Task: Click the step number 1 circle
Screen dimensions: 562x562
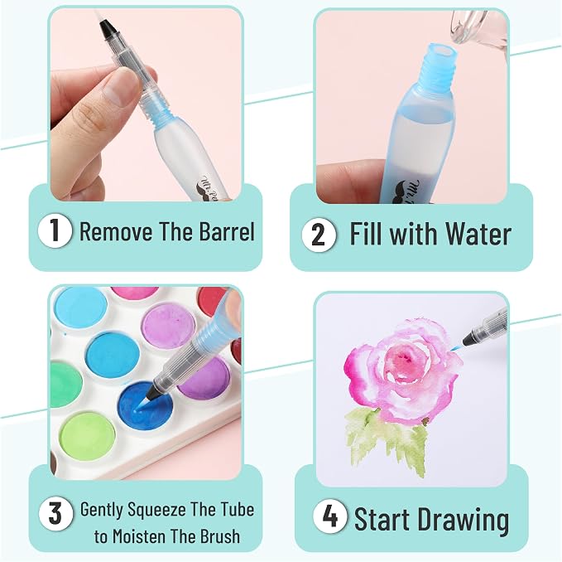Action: (x=55, y=230)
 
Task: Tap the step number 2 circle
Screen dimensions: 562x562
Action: (x=319, y=235)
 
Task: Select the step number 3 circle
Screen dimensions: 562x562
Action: (x=55, y=513)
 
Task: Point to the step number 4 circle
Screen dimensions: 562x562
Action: (x=329, y=516)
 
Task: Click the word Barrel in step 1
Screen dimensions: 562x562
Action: (x=227, y=230)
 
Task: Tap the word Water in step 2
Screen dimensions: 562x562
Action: (x=478, y=234)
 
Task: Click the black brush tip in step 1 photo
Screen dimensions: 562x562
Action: (x=108, y=31)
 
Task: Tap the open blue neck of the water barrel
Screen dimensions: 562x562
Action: (x=442, y=54)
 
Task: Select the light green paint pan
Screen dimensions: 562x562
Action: (x=87, y=436)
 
